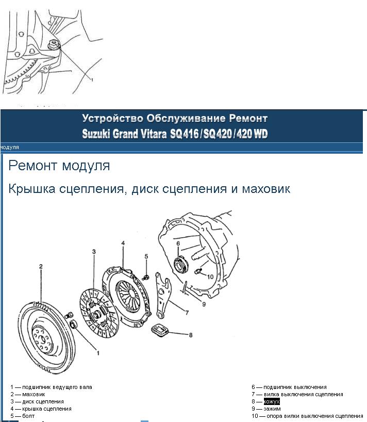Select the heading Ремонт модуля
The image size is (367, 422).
[59, 166]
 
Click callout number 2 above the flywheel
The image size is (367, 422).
[41, 267]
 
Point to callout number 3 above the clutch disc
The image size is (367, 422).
[94, 251]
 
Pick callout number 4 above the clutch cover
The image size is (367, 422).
[123, 242]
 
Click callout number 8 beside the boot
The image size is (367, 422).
[190, 335]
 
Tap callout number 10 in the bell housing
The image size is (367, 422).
[210, 277]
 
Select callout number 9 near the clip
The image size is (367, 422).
[204, 304]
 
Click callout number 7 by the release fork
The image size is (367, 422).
[187, 313]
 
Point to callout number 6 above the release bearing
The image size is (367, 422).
[177, 242]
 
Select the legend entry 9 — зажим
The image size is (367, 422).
[266, 409]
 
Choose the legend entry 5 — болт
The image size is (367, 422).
[23, 416]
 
